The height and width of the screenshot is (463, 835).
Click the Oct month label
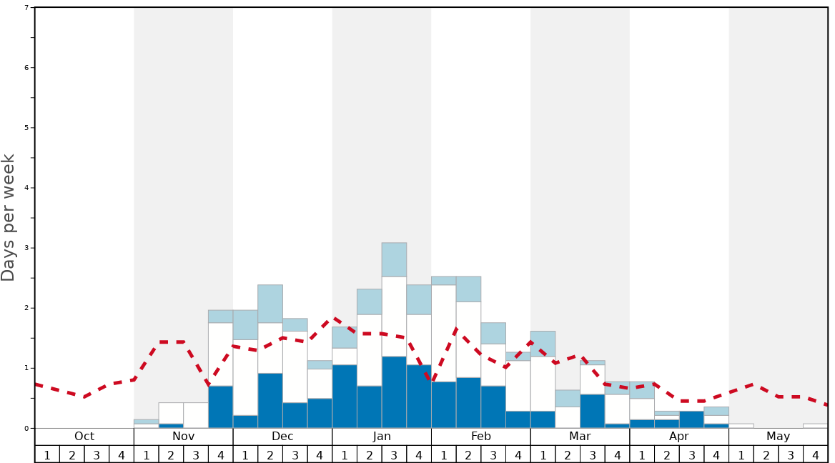pyautogui.click(x=84, y=437)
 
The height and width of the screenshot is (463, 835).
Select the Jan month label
pyautogui.click(x=382, y=437)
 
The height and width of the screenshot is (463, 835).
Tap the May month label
pyautogui.click(x=779, y=437)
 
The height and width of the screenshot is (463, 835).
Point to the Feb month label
pyautogui.click(x=481, y=437)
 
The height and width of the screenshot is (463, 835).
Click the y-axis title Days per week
pyautogui.click(x=9, y=218)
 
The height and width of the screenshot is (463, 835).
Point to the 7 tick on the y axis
pyautogui.click(x=26, y=8)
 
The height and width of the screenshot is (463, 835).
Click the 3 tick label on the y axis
pyautogui.click(x=26, y=248)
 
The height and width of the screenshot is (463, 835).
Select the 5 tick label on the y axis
pyautogui.click(x=26, y=128)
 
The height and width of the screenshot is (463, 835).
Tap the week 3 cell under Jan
pyautogui.click(x=394, y=454)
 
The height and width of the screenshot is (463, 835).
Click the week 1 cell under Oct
pyautogui.click(x=47, y=454)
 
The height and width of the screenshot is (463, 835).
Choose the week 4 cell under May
pyautogui.click(x=816, y=454)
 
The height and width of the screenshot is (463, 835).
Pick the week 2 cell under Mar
pyautogui.click(x=568, y=454)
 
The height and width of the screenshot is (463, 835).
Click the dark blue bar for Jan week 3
pyautogui.click(x=394, y=392)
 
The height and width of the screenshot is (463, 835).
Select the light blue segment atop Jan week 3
pyautogui.click(x=394, y=259)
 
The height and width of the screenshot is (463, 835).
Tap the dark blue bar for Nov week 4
pyautogui.click(x=221, y=407)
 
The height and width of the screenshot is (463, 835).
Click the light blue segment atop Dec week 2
pyautogui.click(x=270, y=304)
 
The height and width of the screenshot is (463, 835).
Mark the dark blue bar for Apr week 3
pyautogui.click(x=691, y=419)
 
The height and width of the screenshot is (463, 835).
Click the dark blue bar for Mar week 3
pyautogui.click(x=593, y=411)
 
